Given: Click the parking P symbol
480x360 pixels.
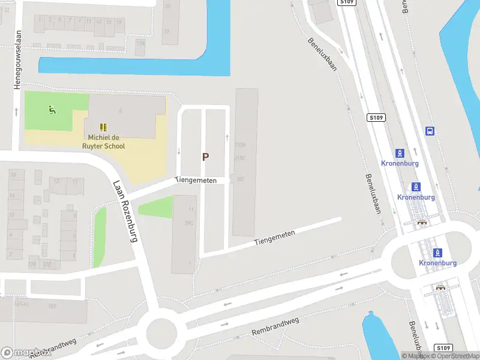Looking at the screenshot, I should (x=205, y=157).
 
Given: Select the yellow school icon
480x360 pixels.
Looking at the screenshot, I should (x=103, y=127).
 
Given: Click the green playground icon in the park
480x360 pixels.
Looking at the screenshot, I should (x=52, y=109).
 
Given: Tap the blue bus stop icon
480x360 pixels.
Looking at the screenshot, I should (x=430, y=131).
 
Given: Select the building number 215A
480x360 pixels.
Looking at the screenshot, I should (x=240, y=145).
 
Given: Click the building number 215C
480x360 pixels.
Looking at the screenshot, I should (x=240, y=158).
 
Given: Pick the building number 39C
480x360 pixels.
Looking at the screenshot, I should (x=189, y=223).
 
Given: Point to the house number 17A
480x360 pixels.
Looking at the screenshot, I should (x=140, y=43).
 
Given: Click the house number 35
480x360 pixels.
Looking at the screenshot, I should (x=167, y=7).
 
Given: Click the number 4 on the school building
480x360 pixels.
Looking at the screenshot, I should (x=120, y=110).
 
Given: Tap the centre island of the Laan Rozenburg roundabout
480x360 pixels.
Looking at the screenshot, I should (x=162, y=330).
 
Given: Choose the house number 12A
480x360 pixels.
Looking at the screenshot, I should (x=32, y=264).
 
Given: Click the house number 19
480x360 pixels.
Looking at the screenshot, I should (x=166, y=31).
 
